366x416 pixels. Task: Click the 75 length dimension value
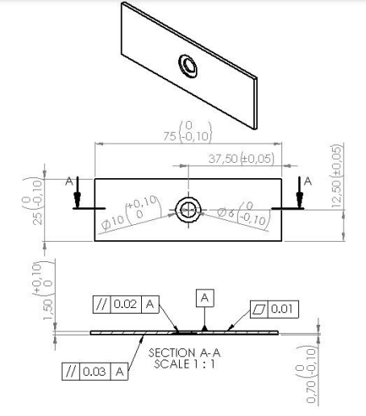point(169,136)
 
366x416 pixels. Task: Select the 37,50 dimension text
point(223,159)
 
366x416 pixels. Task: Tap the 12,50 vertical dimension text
point(336,192)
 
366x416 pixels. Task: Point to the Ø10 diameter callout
point(114,223)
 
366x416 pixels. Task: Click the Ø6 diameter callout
point(225,213)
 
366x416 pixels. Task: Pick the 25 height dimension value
point(38,218)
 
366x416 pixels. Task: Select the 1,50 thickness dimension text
point(48,310)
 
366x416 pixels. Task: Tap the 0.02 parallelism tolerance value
point(126,304)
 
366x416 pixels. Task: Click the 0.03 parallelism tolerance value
point(94,372)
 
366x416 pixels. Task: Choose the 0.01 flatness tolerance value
point(282,309)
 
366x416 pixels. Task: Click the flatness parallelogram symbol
point(259,309)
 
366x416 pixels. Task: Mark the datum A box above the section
point(205,298)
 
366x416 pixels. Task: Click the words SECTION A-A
point(185,352)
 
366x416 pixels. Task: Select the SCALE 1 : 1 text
point(185,364)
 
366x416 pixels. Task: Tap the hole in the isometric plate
point(188,66)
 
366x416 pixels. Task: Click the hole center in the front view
point(188,210)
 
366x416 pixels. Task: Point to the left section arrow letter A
point(69,181)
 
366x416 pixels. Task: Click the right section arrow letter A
point(308,181)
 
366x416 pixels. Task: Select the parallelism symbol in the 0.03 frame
point(71,372)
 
